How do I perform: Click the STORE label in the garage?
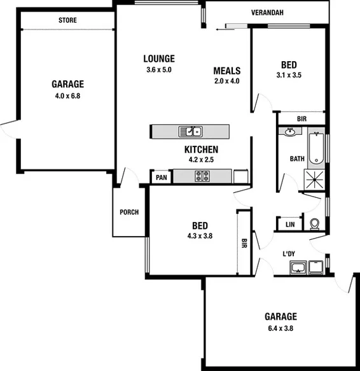point(68,20)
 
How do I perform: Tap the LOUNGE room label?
point(159,59)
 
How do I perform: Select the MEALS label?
point(226,71)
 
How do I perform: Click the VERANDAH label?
point(267,12)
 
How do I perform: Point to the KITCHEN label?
point(202,150)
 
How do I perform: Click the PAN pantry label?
point(161,178)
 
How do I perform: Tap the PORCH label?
point(129,213)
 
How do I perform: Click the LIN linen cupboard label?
point(290,225)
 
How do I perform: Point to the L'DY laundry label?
point(289,255)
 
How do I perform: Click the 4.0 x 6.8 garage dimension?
point(68,97)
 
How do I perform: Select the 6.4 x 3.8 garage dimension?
point(280,328)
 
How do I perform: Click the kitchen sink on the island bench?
point(191,132)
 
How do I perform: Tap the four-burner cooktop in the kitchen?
point(204,177)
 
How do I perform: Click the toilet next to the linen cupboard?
point(314,224)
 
